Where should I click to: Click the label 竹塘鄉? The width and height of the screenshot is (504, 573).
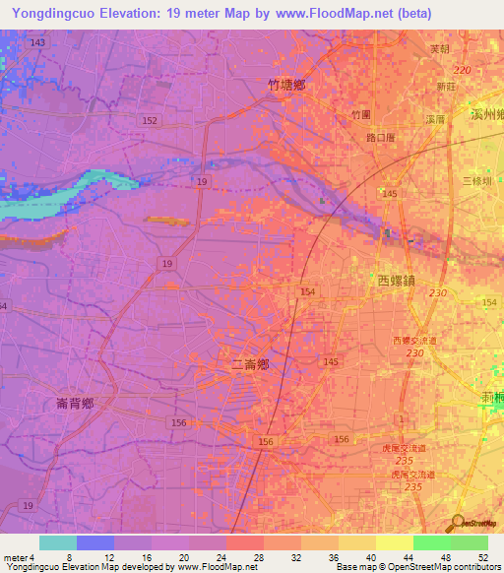click(286, 86)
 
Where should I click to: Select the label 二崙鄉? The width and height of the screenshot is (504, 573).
click(250, 364)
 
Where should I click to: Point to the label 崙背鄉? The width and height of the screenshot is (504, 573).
click(75, 404)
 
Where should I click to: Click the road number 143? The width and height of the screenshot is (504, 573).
click(38, 43)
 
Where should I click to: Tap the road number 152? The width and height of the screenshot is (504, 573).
click(150, 120)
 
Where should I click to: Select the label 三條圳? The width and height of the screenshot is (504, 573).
click(476, 181)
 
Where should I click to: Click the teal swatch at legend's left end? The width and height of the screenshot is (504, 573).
click(58, 542)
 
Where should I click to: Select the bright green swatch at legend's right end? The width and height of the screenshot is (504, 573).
click(470, 542)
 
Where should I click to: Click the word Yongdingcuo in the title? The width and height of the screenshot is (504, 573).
click(53, 14)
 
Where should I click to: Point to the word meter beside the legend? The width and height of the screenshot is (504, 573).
click(15, 557)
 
